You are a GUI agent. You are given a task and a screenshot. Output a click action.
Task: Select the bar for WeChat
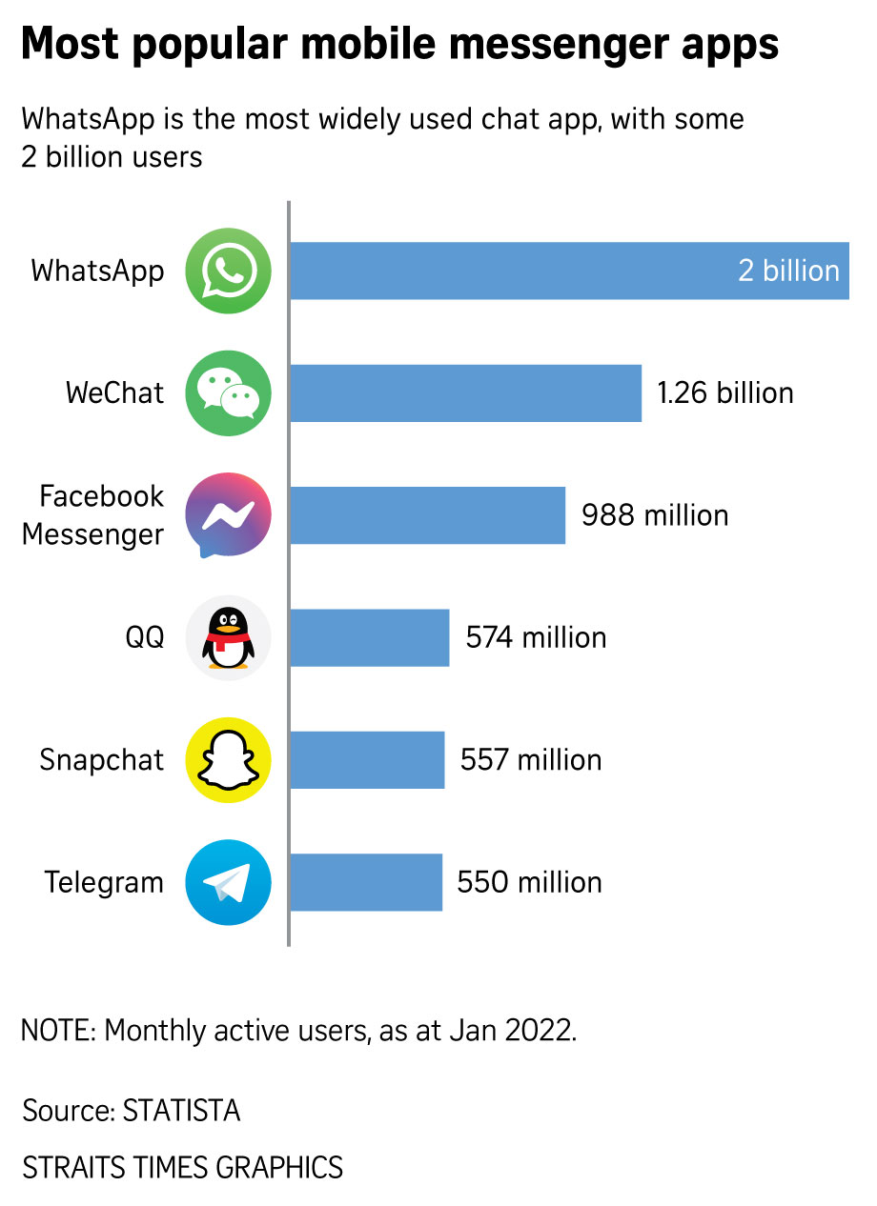(465, 392)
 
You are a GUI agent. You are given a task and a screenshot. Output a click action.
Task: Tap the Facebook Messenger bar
(427, 515)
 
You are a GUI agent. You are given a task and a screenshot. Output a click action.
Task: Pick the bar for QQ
(369, 637)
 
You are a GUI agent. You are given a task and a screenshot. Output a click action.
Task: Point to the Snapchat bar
(367, 760)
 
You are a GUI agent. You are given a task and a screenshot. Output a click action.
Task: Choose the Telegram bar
(366, 882)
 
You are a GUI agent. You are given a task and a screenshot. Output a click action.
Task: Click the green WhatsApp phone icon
(228, 271)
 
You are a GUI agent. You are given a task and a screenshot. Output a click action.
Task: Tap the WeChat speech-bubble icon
(228, 392)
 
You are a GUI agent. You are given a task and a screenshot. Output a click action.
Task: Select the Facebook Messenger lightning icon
(228, 515)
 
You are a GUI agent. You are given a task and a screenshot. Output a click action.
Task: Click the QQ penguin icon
(228, 637)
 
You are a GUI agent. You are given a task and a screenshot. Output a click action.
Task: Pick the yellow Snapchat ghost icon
(228, 760)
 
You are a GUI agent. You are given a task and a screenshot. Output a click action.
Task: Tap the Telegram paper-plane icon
(228, 882)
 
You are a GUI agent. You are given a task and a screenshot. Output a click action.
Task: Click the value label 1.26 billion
(724, 392)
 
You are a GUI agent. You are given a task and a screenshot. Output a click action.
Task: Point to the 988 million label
(655, 515)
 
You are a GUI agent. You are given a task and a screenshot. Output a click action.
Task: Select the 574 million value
(536, 637)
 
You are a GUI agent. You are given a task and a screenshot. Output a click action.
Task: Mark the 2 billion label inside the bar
(788, 271)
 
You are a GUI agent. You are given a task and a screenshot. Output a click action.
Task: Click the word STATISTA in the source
(181, 1111)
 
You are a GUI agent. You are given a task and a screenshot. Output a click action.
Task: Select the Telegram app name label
(104, 882)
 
